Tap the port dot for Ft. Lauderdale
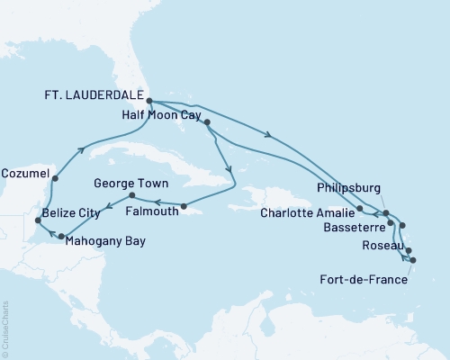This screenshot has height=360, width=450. [148, 102]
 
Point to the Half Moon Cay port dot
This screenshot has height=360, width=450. [207, 121]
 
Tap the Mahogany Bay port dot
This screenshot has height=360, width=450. [61, 237]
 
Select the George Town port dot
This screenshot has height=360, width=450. [131, 195]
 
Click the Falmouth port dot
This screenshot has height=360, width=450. [183, 206]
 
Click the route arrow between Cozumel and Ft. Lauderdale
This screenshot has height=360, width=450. [83, 149]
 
